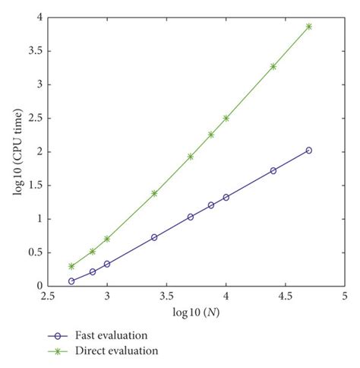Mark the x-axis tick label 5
pos(344,296)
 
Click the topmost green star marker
pos(308,27)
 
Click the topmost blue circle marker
pos(308,151)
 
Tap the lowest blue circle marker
pos(71,281)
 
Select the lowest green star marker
pos(71,266)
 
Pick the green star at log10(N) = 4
pos(226,118)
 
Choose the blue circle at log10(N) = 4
pos(226,197)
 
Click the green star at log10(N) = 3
pos(107,239)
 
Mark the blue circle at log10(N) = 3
pos(107,264)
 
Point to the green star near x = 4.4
pos(273,66)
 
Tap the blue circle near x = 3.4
pos(154,237)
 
